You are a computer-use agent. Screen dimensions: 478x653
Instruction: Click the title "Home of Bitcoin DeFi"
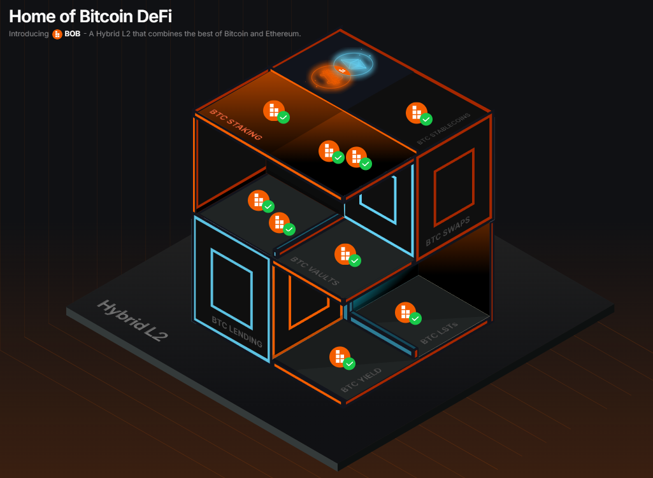[90, 16]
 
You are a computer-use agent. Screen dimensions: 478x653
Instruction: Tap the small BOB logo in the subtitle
[57, 34]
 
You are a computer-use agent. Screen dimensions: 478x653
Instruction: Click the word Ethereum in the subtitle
[281, 34]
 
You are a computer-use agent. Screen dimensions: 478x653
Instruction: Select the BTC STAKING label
[236, 125]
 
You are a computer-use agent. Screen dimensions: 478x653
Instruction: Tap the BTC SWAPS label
[448, 231]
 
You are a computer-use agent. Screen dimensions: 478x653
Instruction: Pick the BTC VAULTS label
[315, 271]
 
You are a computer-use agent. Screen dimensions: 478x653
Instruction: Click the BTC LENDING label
[237, 331]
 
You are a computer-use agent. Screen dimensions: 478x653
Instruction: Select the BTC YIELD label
[361, 380]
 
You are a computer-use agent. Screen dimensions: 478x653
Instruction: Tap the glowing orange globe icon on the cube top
[329, 76]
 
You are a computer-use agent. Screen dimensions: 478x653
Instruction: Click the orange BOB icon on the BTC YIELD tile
[339, 357]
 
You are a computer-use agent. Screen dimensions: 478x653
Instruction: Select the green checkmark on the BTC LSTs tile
[415, 318]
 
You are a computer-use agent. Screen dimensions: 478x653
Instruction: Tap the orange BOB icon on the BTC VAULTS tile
[345, 253]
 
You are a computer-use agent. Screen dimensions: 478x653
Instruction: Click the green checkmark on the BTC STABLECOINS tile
[426, 119]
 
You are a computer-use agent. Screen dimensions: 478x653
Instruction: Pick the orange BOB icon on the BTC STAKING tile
[273, 110]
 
